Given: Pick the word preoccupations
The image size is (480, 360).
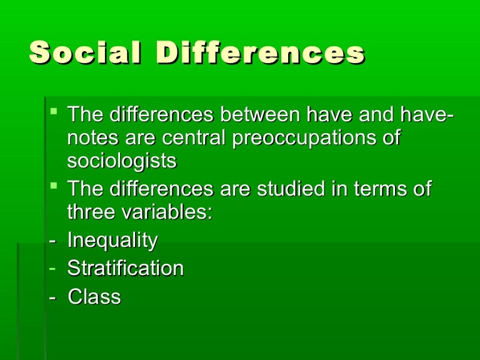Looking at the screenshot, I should [x=306, y=139].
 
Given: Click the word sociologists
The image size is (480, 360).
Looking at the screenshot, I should [x=122, y=161].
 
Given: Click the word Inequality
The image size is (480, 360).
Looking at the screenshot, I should [x=112, y=240].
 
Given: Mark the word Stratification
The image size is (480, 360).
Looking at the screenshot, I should [x=125, y=269].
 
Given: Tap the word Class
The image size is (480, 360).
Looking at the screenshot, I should [x=94, y=296].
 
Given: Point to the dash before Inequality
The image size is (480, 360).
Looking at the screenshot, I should [x=52, y=241].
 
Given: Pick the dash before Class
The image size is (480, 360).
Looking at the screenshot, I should [x=52, y=297].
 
